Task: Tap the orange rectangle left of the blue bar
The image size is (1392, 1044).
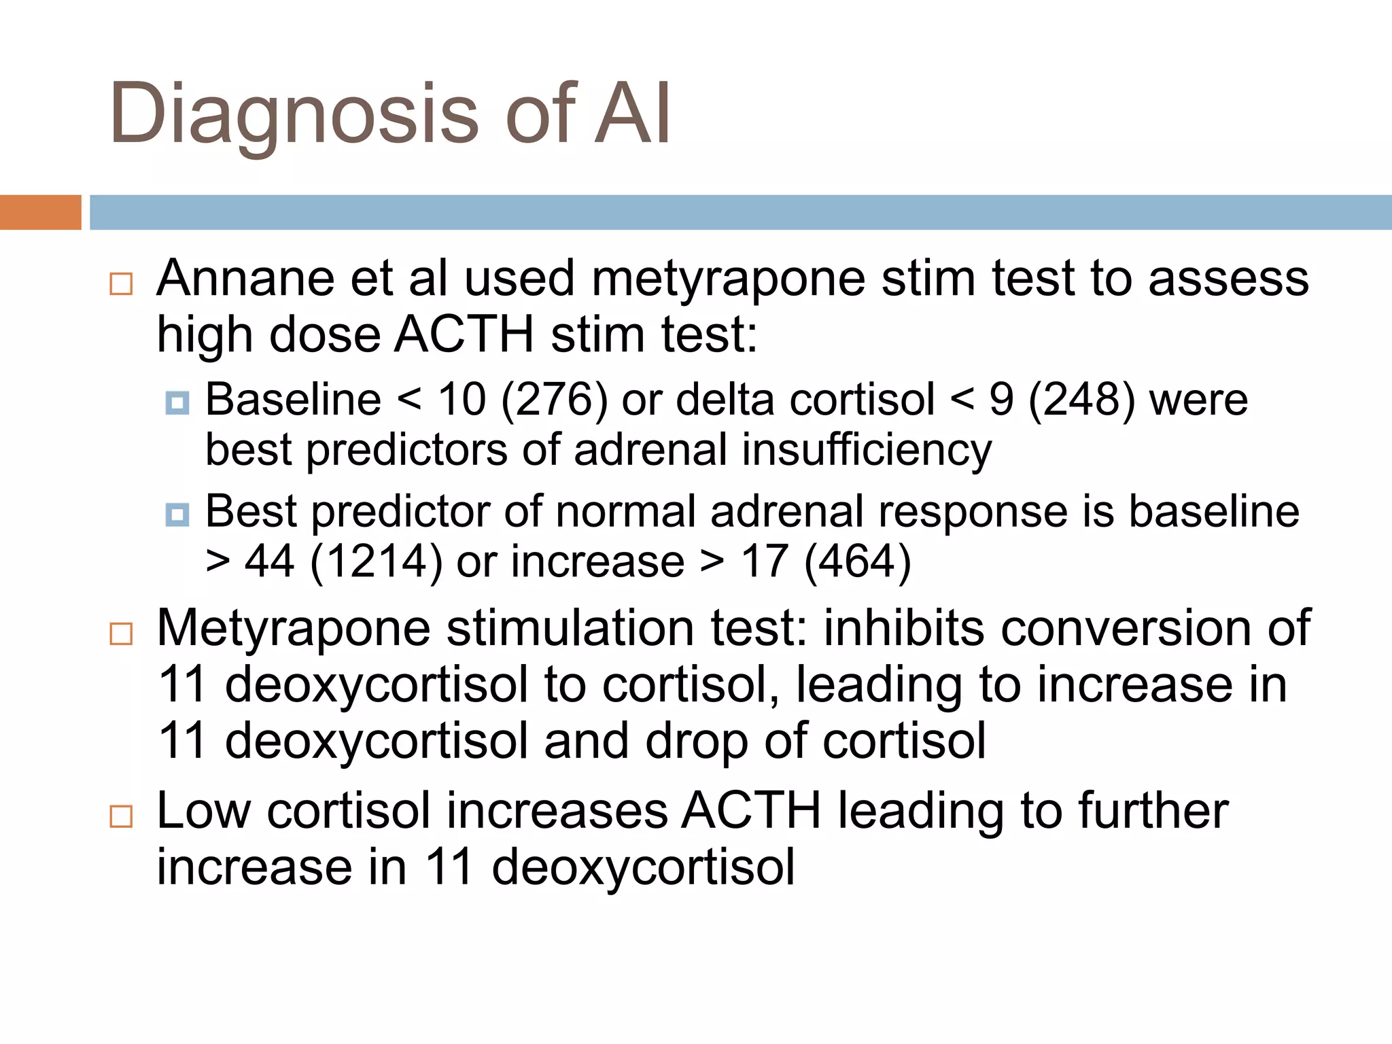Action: pyautogui.click(x=40, y=212)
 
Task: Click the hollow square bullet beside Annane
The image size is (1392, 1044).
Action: pyautogui.click(x=121, y=283)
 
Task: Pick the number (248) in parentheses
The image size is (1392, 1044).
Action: pyautogui.click(x=1081, y=400)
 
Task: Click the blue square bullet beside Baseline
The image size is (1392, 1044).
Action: pyautogui.click(x=177, y=403)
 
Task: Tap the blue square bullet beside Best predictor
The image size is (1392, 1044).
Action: pyautogui.click(x=177, y=515)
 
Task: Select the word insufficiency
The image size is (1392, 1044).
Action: pyautogui.click(x=867, y=450)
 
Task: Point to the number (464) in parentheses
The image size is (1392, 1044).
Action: pyautogui.click(x=857, y=562)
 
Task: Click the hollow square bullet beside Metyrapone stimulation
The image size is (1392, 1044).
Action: pyautogui.click(x=121, y=633)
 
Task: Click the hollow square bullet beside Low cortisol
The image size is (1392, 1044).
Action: pyautogui.click(x=121, y=816)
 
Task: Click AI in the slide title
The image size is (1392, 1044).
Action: pyautogui.click(x=633, y=114)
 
